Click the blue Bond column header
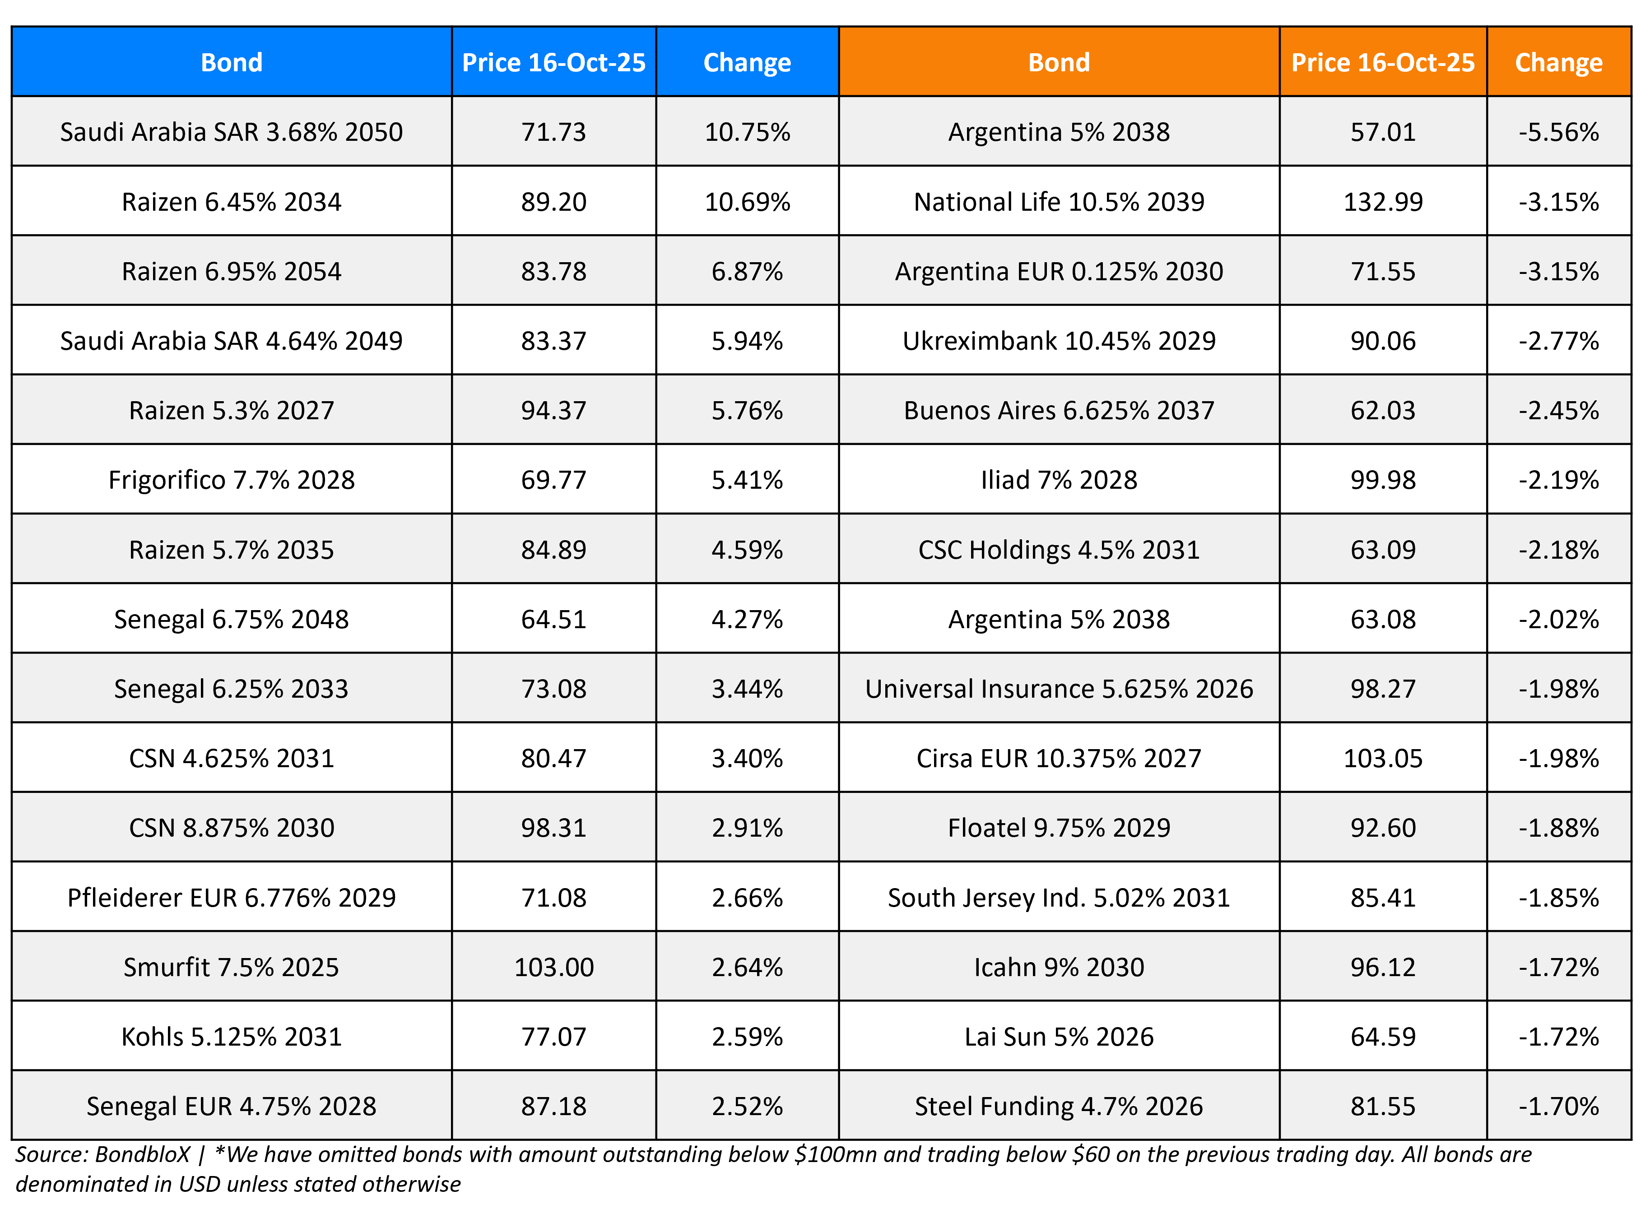(x=232, y=63)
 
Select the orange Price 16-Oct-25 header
(x=1382, y=63)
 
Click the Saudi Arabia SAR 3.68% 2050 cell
(x=232, y=132)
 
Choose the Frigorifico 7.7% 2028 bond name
(x=232, y=480)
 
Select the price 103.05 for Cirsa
(x=1382, y=759)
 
